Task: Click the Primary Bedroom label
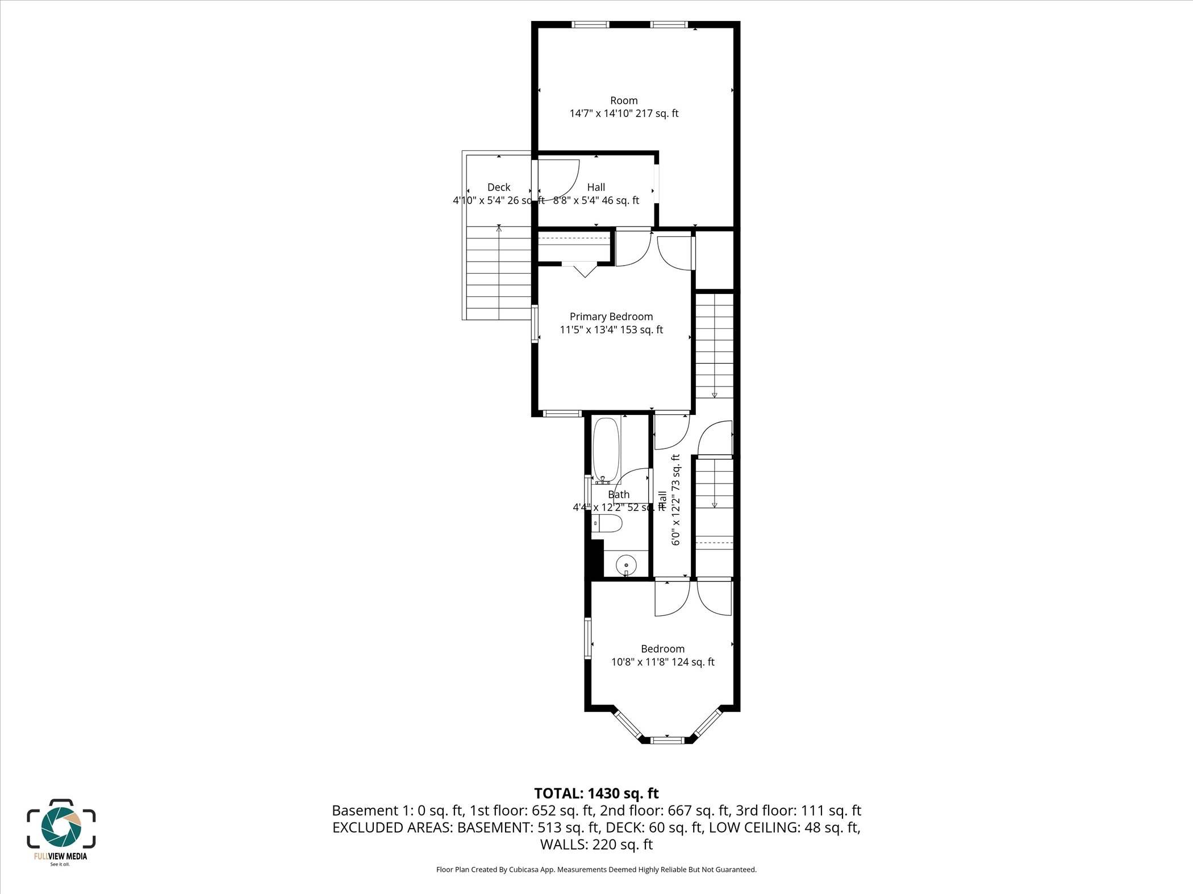tap(611, 317)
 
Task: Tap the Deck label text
tap(499, 187)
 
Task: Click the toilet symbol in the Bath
tap(608, 523)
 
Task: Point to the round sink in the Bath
tap(627, 565)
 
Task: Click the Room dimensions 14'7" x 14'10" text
tap(624, 114)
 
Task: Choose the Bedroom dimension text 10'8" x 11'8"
tap(662, 662)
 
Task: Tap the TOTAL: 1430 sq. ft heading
tap(596, 793)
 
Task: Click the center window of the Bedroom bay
tap(668, 740)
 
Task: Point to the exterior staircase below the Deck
tap(499, 272)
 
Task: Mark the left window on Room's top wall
tap(590, 24)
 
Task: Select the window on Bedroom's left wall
tap(589, 638)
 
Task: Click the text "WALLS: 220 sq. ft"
tap(596, 845)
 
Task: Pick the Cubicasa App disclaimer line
tap(596, 870)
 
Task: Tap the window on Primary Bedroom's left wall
tap(535, 324)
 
